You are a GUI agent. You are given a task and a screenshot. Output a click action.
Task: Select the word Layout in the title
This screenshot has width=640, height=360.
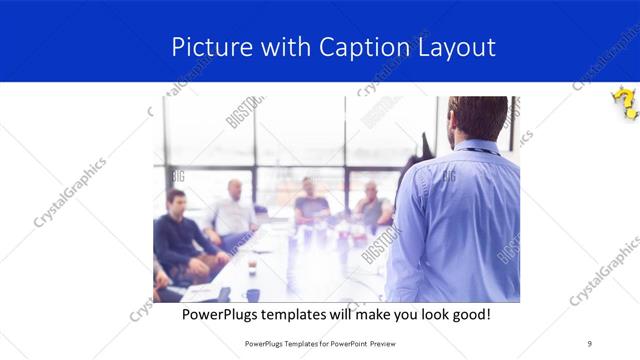pyautogui.click(x=457, y=47)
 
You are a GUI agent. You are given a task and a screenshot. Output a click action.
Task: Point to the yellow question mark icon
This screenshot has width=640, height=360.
pyautogui.click(x=625, y=102)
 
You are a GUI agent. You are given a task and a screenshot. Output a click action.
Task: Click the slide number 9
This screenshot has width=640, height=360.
pyautogui.click(x=590, y=343)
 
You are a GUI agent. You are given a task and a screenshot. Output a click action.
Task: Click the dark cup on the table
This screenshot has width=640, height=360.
pyautogui.click(x=252, y=294)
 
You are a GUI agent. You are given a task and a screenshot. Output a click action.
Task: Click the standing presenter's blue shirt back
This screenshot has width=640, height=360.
pyautogui.click(x=460, y=220)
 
